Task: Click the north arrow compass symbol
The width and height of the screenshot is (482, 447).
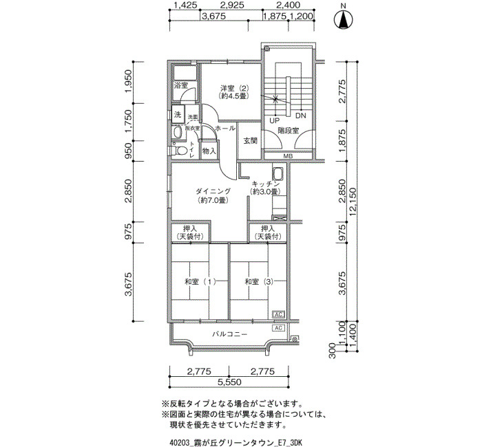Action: [x=342, y=20]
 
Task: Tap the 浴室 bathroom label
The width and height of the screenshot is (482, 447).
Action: [x=181, y=85]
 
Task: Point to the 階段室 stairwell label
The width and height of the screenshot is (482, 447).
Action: [x=288, y=130]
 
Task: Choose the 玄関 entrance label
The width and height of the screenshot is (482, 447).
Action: [x=250, y=141]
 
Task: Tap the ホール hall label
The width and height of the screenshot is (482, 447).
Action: [x=225, y=129]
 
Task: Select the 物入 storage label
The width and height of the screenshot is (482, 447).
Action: [x=209, y=151]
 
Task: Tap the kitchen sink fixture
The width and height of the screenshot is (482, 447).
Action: [x=278, y=174]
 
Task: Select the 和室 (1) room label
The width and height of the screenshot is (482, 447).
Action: [x=200, y=282]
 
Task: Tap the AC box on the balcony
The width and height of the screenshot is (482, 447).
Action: [x=278, y=328]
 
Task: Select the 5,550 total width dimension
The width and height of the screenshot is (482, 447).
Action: [x=228, y=382]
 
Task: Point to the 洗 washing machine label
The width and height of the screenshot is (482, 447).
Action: [x=177, y=114]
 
